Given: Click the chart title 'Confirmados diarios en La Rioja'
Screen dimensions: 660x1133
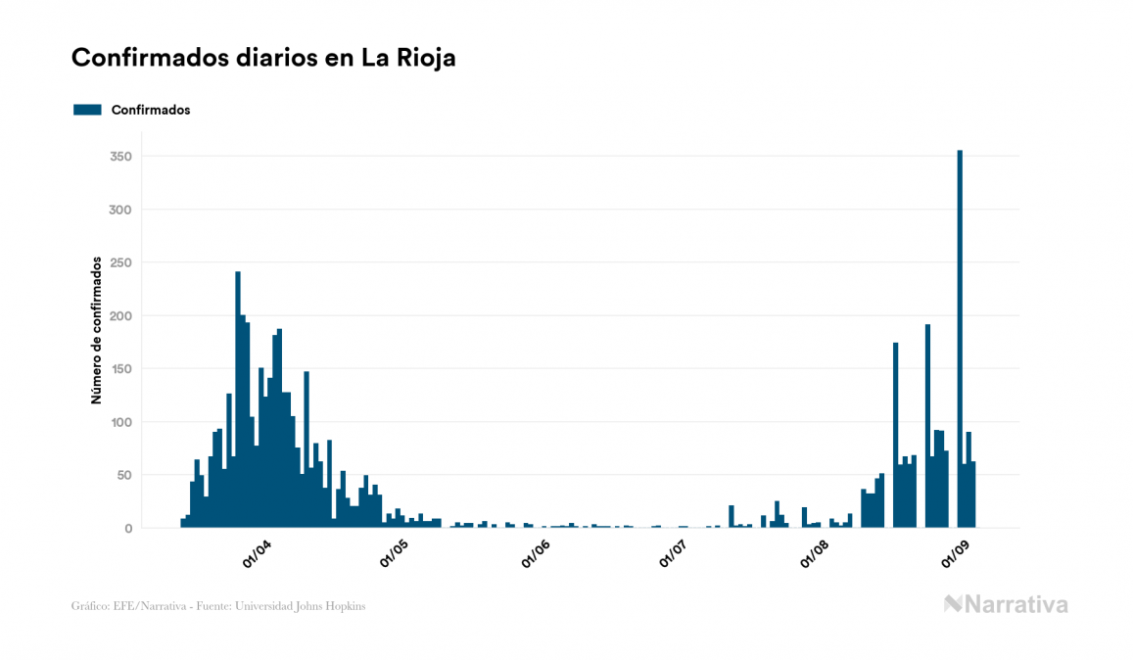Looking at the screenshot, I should pyautogui.click(x=263, y=58).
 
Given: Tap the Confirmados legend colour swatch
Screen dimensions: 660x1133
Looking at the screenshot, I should pyautogui.click(x=87, y=110).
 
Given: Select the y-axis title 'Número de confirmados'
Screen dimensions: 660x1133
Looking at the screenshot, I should pyautogui.click(x=96, y=330).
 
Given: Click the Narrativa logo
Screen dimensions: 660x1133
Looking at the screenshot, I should pyautogui.click(x=1006, y=604).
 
